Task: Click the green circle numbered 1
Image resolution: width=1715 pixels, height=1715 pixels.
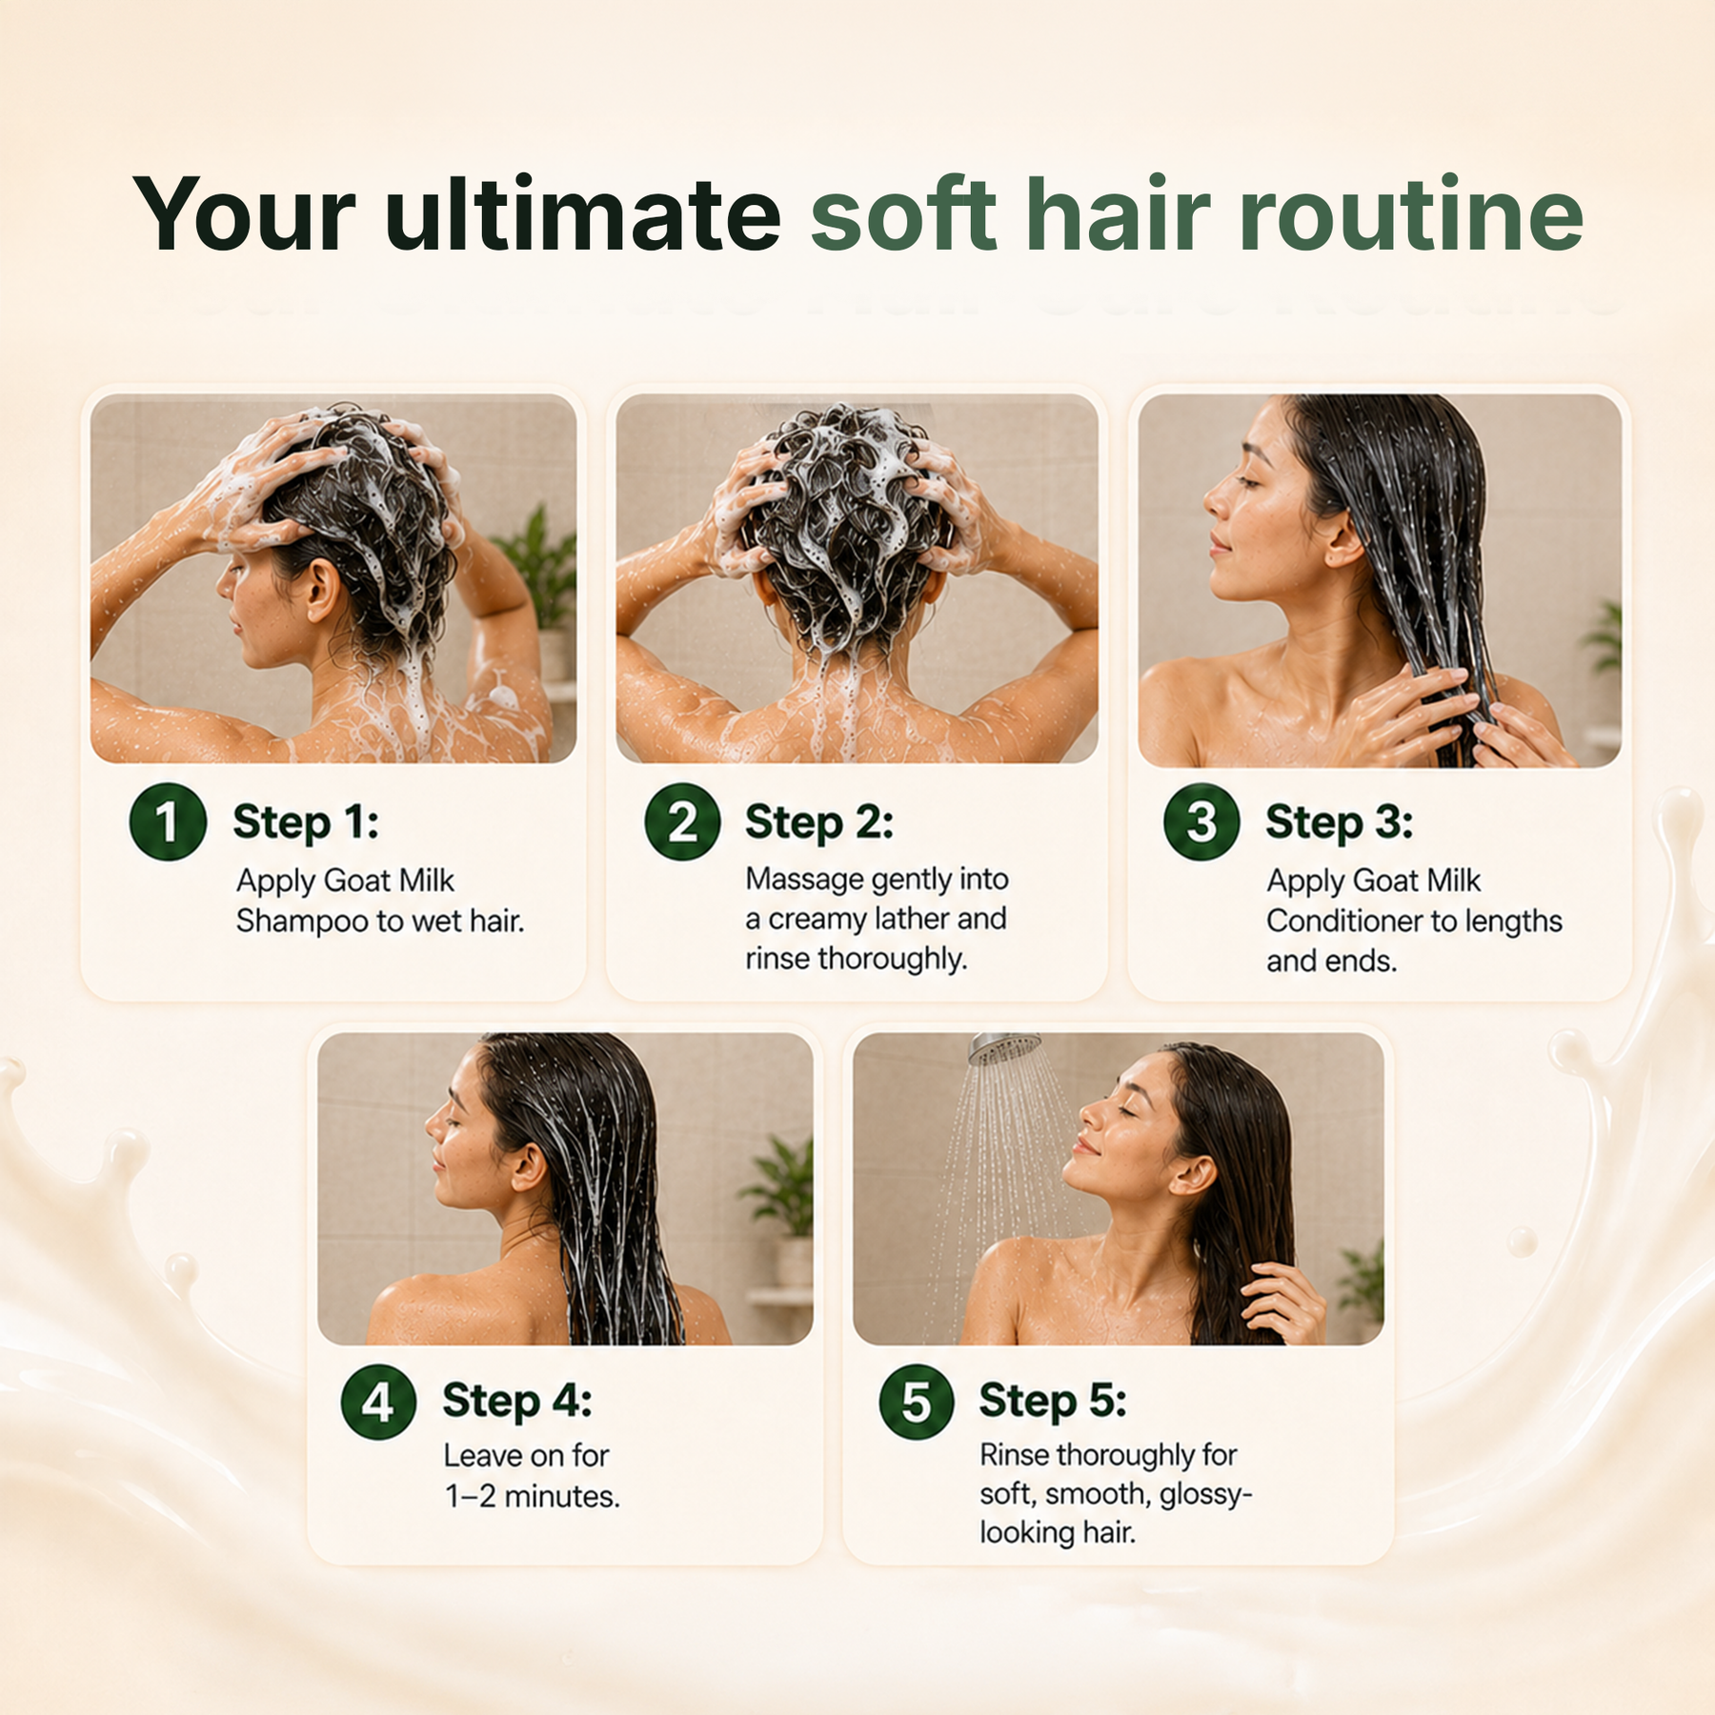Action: coord(168,821)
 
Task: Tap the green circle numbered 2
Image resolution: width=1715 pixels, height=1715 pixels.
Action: coord(682,821)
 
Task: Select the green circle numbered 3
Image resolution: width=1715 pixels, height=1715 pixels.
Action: coord(1201,821)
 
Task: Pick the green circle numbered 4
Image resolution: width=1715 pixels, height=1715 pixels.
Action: coord(378,1402)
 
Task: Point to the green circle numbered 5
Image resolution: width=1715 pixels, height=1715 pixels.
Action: coord(916,1402)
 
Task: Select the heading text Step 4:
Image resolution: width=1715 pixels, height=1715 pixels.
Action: coord(517,1402)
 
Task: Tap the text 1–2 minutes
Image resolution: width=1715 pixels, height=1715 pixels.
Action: coord(533,1496)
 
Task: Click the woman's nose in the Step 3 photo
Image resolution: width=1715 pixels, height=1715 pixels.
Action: coord(1215,496)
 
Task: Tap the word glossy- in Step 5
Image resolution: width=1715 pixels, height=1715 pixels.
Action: coord(1206,1495)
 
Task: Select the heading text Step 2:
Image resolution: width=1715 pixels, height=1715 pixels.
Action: coord(819,822)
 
